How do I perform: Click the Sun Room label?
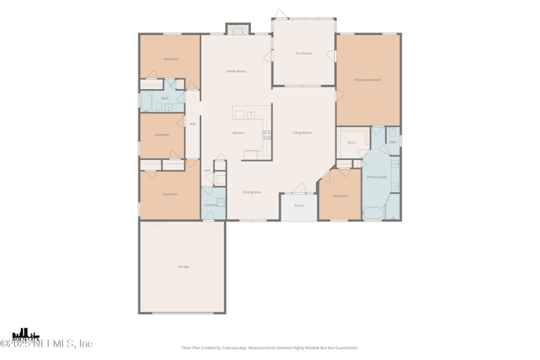pos(304,53)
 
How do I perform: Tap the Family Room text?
pos(236,71)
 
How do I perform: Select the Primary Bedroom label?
pos(368,80)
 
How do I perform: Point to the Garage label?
pos(184,267)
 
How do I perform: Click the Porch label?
pos(299,205)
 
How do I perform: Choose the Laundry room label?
pos(211,205)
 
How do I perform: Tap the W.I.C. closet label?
pos(352,143)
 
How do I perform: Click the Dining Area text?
pos(252,192)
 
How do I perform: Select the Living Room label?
pos(302,132)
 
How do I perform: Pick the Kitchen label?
pos(238,133)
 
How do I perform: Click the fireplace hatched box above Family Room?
pos(238,29)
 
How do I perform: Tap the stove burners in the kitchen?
pos(267,134)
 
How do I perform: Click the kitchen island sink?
pos(250,114)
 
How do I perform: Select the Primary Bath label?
pos(377,177)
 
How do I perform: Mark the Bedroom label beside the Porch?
pos(340,196)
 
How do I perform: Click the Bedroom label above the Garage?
pos(170,194)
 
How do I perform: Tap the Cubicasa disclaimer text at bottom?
pos(270,348)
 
